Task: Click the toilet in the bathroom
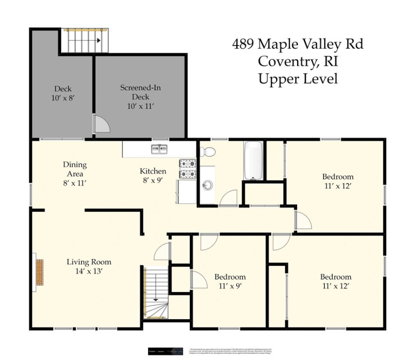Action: click(207, 151)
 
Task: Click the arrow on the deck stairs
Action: click(98, 41)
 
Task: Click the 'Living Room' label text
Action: click(89, 262)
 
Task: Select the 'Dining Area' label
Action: click(75, 169)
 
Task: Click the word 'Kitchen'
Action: click(153, 171)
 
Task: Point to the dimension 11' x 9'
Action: click(230, 285)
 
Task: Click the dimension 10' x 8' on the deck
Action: click(62, 98)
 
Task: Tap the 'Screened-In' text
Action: click(140, 88)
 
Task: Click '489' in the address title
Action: click(243, 45)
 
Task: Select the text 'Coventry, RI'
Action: click(298, 61)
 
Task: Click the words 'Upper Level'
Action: click(298, 79)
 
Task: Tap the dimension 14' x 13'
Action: click(89, 270)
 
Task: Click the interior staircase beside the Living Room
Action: click(155, 293)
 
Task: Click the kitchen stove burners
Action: click(187, 169)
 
